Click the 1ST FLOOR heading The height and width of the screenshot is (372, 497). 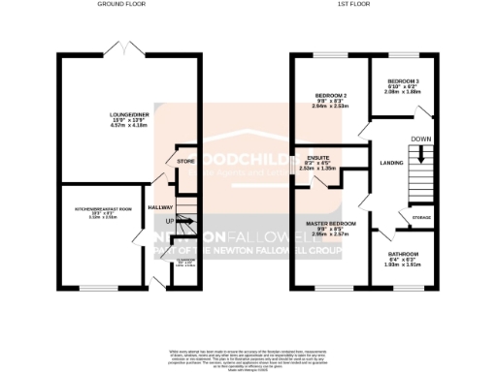coord(363,5)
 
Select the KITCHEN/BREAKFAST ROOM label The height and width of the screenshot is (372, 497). coord(103,208)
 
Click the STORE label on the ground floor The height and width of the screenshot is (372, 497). coord(185,161)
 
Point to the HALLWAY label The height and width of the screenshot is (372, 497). coord(160,207)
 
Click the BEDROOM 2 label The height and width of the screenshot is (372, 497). coord(331,96)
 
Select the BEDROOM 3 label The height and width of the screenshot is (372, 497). coord(403,81)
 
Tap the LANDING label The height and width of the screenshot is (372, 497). coord(391,163)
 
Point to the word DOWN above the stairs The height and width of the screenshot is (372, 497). coord(420,139)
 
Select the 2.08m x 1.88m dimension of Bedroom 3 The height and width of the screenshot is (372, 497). coord(403,93)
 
